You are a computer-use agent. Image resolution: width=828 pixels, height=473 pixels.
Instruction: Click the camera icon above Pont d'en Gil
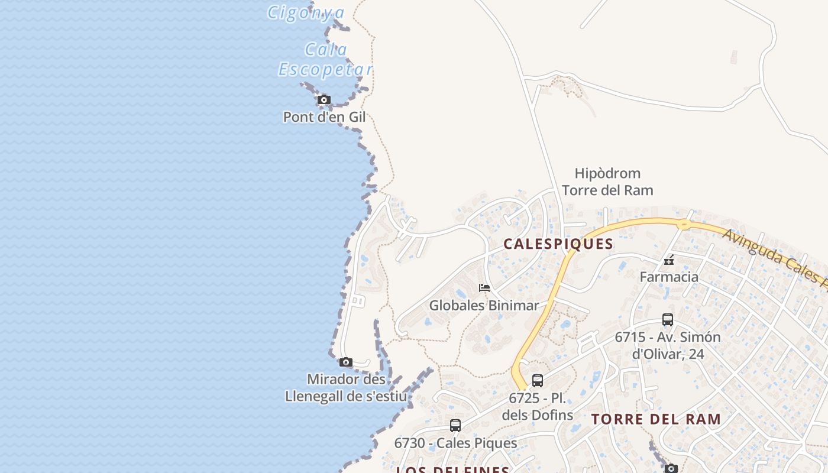point(324,100)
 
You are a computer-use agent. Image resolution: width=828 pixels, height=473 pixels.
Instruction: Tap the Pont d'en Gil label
point(324,117)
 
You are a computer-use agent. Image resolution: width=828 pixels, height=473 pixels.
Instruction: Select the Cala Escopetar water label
point(325,60)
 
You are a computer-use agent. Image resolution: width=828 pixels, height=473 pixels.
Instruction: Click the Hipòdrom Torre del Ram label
point(607,182)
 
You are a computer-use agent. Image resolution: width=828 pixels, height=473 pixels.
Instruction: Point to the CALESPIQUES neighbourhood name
point(558,244)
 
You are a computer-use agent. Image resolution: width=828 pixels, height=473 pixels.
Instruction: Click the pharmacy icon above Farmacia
point(669,260)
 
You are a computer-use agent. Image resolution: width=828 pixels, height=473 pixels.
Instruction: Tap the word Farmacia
point(669,277)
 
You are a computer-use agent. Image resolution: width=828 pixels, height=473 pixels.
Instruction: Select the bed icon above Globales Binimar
point(484,289)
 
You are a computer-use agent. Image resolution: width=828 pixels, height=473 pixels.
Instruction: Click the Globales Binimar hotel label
point(484,306)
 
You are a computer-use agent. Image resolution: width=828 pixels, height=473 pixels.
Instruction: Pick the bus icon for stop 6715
point(668,320)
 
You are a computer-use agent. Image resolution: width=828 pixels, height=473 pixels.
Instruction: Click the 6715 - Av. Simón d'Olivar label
point(668,345)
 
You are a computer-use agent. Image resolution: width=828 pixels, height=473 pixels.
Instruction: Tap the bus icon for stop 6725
point(537,381)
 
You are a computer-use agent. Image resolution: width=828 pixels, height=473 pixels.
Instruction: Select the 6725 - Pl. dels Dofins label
point(537,406)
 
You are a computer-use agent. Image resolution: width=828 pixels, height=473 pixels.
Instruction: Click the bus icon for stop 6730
point(455,426)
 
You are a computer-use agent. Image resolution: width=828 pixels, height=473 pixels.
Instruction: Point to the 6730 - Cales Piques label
point(455,443)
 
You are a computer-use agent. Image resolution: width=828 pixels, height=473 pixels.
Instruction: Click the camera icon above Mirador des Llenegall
point(346,362)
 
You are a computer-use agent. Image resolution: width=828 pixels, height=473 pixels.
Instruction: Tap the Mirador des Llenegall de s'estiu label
point(346,387)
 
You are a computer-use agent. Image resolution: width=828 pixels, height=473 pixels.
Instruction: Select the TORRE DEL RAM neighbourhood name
point(656,419)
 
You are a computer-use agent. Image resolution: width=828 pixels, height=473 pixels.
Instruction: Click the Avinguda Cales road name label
point(775,257)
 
